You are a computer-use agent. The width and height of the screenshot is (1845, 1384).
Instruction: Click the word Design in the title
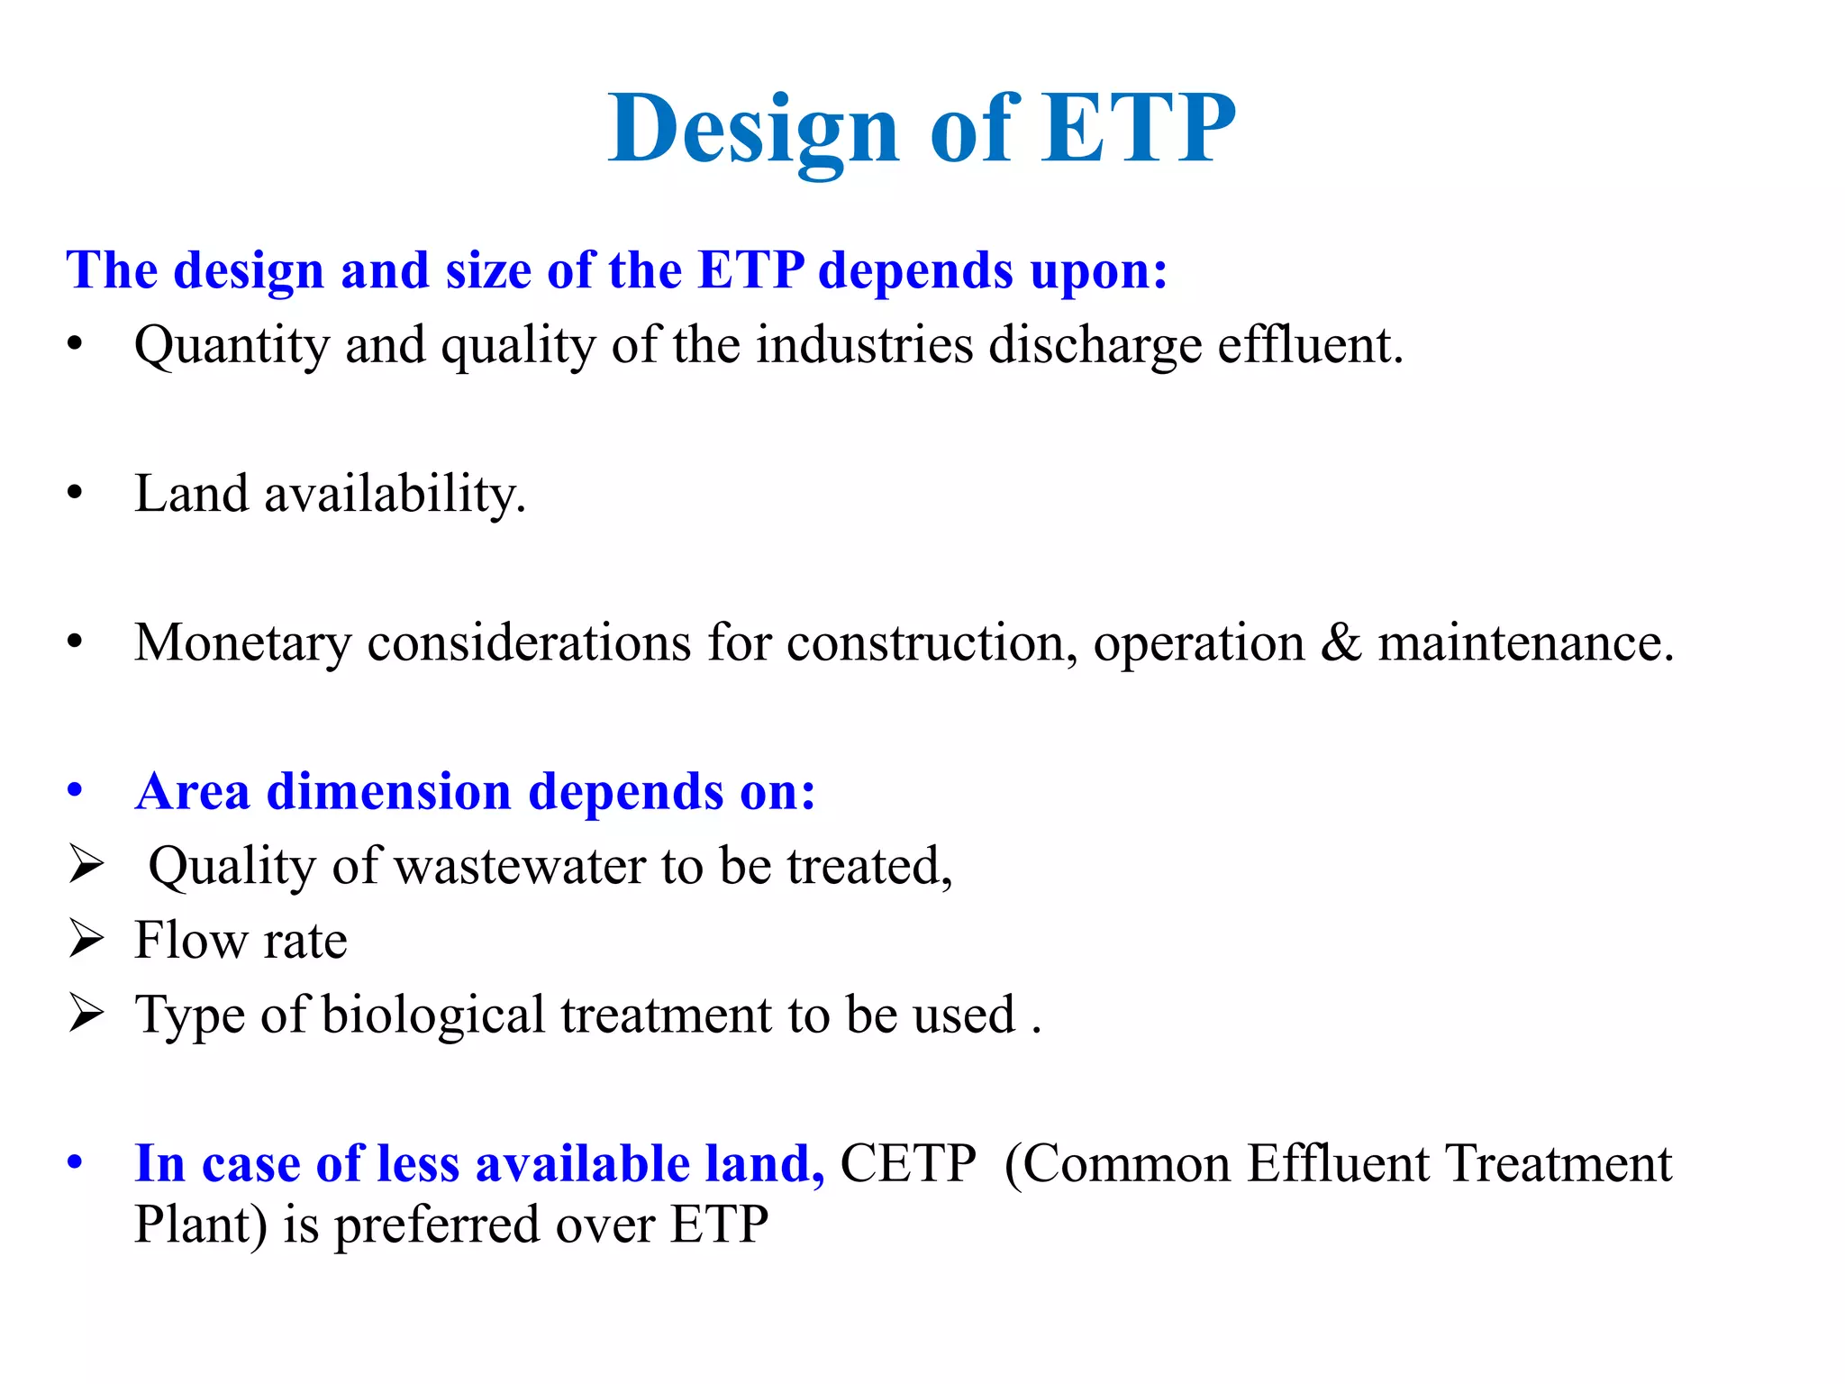[x=753, y=131]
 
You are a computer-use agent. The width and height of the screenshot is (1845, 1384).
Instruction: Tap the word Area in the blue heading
[x=192, y=792]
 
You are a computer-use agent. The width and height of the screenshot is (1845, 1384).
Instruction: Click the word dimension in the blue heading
[x=389, y=792]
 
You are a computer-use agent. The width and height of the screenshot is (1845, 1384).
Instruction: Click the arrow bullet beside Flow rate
[x=86, y=940]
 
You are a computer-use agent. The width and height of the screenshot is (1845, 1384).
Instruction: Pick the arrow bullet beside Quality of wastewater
[x=86, y=865]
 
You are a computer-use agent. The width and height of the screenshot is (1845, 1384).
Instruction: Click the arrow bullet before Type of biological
[x=86, y=1014]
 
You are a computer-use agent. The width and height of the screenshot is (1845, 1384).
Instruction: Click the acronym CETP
[x=907, y=1164]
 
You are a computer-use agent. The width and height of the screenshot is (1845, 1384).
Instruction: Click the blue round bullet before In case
[x=75, y=1162]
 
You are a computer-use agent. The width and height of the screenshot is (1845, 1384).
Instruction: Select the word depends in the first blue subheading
[x=915, y=271]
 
